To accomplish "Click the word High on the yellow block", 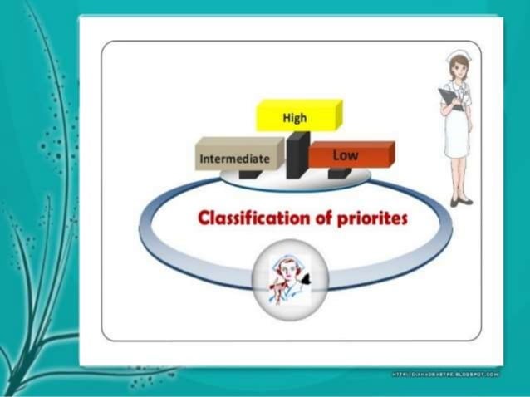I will [x=294, y=118].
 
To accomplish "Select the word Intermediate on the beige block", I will [x=234, y=157].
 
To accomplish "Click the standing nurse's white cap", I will [x=458, y=57].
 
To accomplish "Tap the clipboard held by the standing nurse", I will [x=448, y=99].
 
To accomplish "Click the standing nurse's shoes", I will [x=461, y=201].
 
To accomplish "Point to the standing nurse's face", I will [x=458, y=71].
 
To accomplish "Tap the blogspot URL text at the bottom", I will [x=445, y=375].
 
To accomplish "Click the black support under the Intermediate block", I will [x=248, y=174].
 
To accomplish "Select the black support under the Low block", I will [x=339, y=172].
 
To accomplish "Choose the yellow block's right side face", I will [x=337, y=115].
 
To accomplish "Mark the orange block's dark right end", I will [x=389, y=154].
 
